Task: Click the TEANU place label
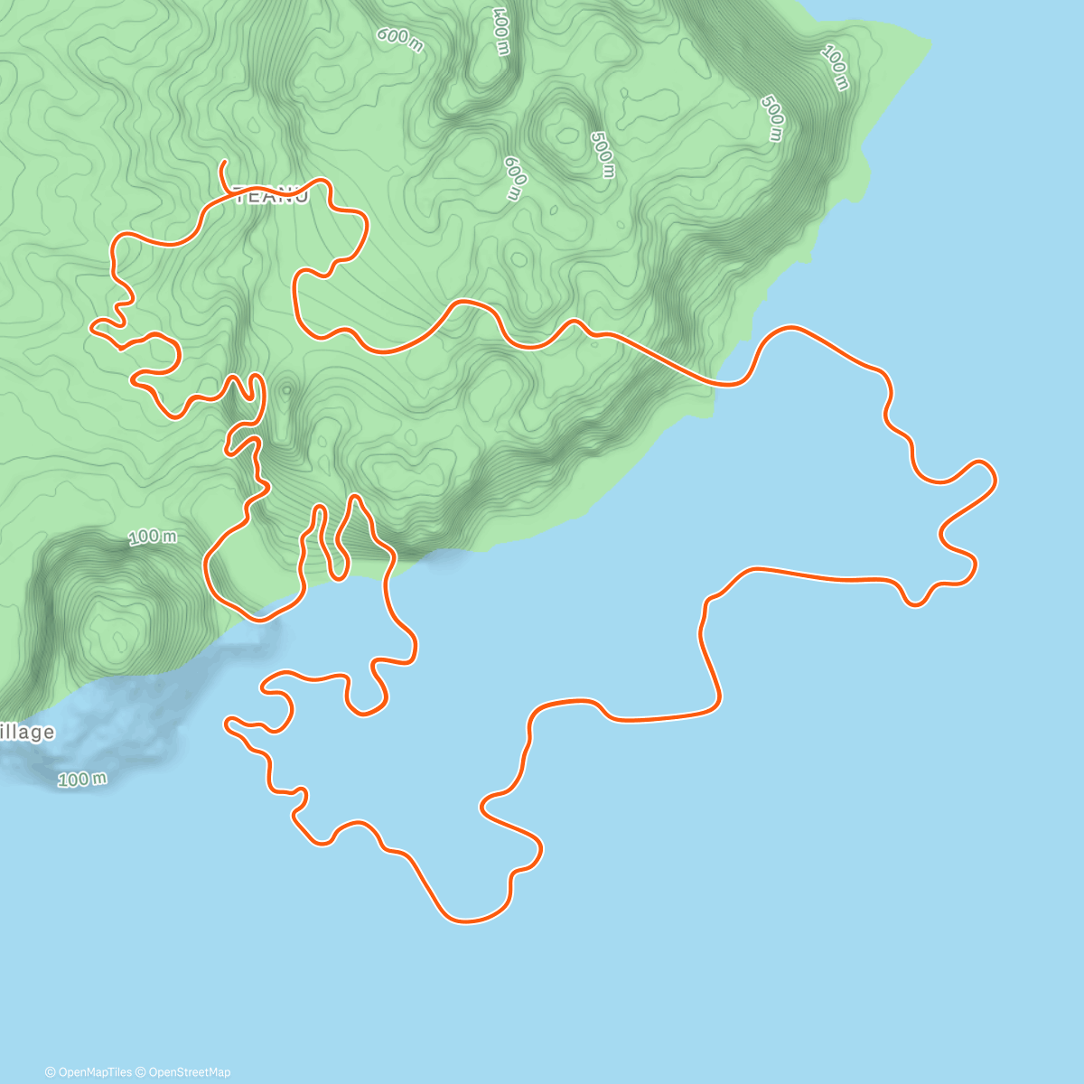click(x=271, y=195)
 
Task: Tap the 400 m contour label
click(x=501, y=33)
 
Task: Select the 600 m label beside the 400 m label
click(x=399, y=39)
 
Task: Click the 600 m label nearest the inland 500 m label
click(x=513, y=178)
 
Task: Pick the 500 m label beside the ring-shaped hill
click(x=602, y=154)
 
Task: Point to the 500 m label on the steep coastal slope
click(x=772, y=118)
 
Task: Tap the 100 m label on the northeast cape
click(x=836, y=67)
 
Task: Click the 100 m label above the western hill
click(x=153, y=537)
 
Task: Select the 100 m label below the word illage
click(x=82, y=779)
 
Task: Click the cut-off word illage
click(x=26, y=732)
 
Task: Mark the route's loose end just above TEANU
click(x=222, y=163)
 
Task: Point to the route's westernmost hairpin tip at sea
click(x=228, y=722)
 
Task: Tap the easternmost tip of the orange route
click(x=995, y=477)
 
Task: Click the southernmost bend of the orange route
click(x=466, y=921)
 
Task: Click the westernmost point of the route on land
click(x=90, y=328)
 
